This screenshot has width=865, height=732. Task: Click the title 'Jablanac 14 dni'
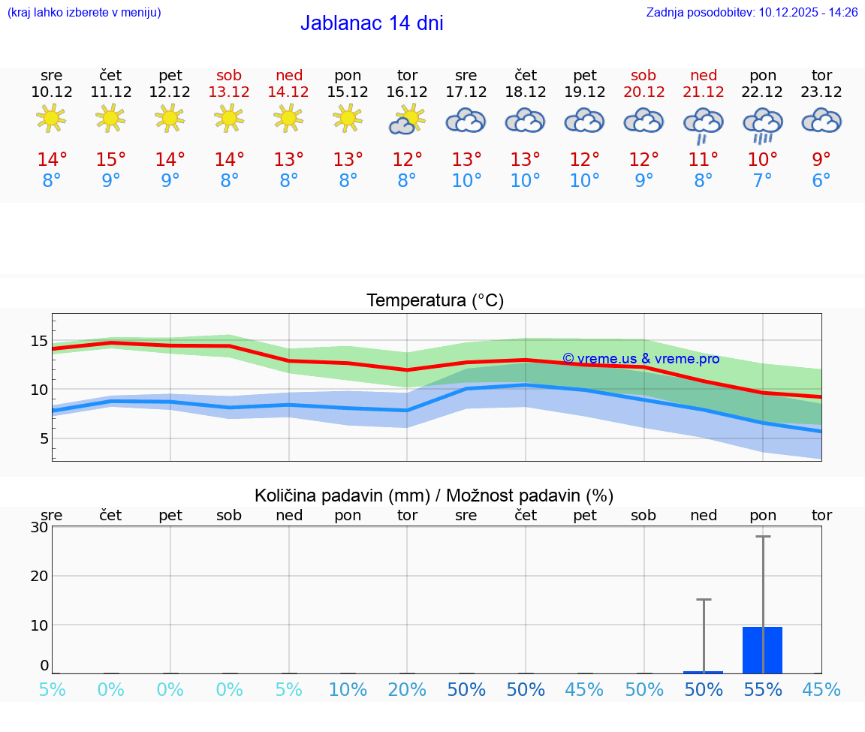click(372, 23)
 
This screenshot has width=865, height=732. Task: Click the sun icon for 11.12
click(111, 118)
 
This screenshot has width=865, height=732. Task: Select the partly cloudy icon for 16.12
click(407, 119)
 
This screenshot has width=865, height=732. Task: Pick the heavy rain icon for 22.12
click(763, 125)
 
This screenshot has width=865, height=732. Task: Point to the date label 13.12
click(229, 92)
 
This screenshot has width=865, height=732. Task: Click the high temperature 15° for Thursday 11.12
click(111, 159)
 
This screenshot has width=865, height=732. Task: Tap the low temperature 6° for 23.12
click(821, 180)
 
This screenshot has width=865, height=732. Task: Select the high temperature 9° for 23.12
click(821, 159)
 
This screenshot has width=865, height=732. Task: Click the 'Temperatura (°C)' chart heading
click(435, 301)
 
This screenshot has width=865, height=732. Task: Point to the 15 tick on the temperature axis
click(39, 342)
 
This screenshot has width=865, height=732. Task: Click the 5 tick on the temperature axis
click(44, 438)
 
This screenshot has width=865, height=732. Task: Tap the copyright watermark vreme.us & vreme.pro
click(640, 359)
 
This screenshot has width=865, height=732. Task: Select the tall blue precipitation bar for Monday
click(763, 650)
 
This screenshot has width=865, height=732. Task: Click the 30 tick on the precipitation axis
click(39, 527)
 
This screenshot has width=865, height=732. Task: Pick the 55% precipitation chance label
click(763, 690)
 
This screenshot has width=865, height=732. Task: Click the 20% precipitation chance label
click(407, 690)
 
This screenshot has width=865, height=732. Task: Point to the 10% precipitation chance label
click(348, 690)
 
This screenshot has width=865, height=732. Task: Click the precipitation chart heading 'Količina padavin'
click(434, 496)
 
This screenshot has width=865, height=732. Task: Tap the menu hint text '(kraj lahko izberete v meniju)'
click(84, 12)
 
